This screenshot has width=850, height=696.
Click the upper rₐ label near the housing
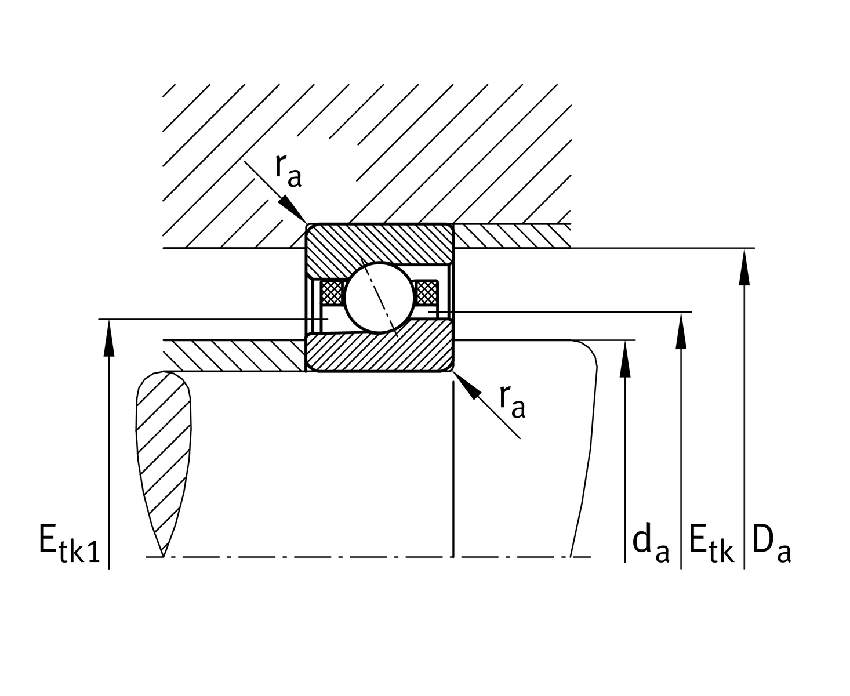tap(288, 171)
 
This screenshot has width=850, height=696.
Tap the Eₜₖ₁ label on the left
tap(69, 544)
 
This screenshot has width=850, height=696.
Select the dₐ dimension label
tap(650, 545)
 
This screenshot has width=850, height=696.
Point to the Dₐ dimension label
tap(771, 544)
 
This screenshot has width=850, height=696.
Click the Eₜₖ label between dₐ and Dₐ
tap(711, 544)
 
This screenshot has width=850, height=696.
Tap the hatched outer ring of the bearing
tap(379, 244)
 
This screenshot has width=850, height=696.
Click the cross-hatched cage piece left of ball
tap(332, 292)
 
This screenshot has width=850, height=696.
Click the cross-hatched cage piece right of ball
tap(426, 292)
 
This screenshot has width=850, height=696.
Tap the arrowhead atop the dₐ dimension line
tap(625, 359)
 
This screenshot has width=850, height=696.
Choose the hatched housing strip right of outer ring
tap(510, 235)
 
